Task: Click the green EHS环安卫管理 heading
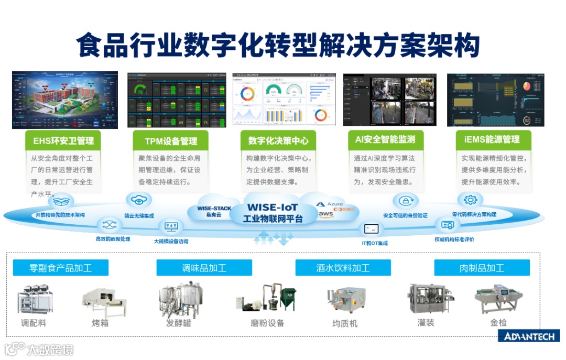(63, 140)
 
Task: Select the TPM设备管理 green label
(171, 140)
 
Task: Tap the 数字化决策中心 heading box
(278, 140)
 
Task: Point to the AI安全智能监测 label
(385, 139)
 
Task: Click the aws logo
(325, 214)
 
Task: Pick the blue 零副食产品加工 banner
(60, 268)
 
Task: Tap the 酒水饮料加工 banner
(343, 268)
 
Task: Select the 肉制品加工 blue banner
(482, 268)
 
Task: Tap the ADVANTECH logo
(528, 336)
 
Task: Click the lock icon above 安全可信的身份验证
(405, 201)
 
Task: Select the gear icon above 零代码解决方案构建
(470, 200)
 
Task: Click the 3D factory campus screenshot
(65, 100)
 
